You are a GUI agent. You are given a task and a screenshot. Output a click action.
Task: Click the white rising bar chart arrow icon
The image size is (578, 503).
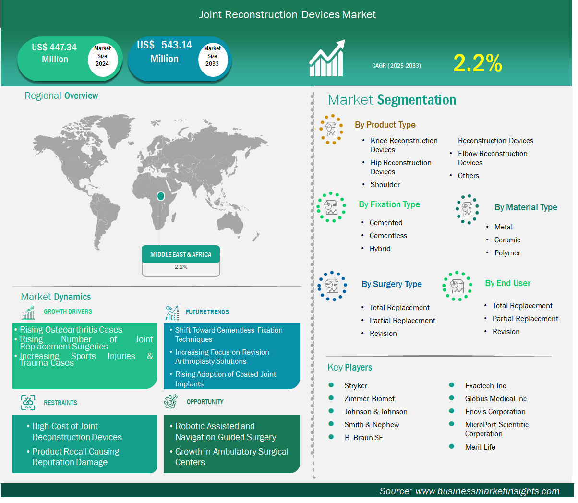tap(327, 58)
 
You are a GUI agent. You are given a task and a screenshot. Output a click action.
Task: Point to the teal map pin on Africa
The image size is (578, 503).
tap(161, 196)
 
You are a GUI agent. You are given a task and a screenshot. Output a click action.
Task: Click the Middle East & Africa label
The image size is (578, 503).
tap(181, 254)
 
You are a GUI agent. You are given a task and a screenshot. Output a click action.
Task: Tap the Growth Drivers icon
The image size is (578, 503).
tap(28, 312)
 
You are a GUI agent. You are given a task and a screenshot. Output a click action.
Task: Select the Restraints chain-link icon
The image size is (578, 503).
tap(28, 402)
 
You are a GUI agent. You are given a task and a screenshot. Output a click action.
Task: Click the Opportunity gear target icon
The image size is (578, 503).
tap(170, 401)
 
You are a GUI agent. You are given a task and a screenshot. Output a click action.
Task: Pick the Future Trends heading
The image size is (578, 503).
tap(207, 312)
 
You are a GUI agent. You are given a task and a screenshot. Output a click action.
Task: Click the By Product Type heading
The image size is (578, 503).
tap(385, 124)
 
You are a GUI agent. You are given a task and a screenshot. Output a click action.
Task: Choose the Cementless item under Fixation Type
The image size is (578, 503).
tap(388, 235)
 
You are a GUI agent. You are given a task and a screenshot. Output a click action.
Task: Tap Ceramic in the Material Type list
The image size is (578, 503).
tap(507, 240)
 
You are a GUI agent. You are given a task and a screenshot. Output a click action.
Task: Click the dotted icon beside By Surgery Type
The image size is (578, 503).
tap(332, 286)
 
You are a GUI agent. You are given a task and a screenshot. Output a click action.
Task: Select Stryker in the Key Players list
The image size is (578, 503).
tap(355, 385)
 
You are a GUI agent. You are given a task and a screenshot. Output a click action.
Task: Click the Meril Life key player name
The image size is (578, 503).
tap(480, 447)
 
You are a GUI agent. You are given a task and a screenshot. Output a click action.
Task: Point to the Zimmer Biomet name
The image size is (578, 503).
tap(369, 398)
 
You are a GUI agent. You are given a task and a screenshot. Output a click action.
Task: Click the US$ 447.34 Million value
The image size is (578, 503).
tap(54, 53)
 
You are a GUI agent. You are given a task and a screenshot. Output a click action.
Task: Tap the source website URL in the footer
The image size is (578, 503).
tap(487, 491)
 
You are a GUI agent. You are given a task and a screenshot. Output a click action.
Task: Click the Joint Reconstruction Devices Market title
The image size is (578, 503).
tap(287, 14)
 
